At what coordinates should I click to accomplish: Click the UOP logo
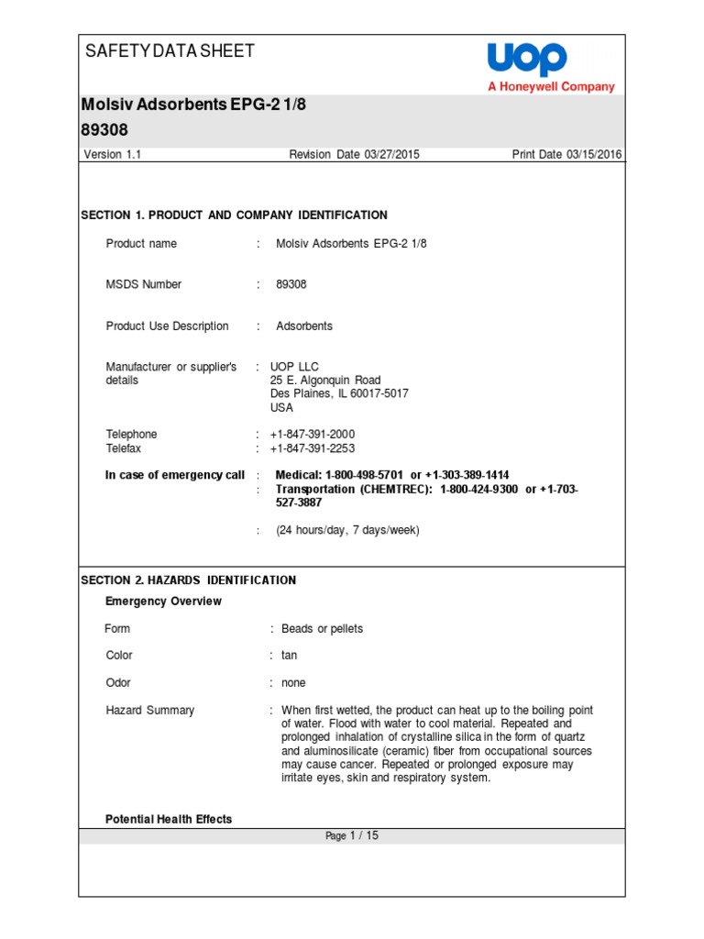[527, 60]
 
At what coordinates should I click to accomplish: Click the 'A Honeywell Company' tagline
[550, 87]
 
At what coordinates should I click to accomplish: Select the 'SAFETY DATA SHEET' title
[170, 51]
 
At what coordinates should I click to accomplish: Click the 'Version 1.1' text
[112, 155]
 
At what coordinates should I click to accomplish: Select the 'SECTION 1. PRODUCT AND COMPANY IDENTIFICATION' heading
[234, 215]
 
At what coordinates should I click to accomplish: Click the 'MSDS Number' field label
[144, 285]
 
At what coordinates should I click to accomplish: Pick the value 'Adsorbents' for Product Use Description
[304, 326]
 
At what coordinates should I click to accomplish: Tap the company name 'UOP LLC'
[294, 367]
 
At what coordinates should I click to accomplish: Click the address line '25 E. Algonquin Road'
[325, 381]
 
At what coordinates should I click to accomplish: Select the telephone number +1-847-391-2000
[313, 435]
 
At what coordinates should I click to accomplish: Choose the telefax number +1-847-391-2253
[313, 449]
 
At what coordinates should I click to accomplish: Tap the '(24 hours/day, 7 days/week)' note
[347, 531]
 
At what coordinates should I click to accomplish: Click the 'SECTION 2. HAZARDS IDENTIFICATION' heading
[189, 580]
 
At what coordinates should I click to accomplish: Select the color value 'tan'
[290, 656]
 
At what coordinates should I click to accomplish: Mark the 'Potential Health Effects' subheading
[169, 820]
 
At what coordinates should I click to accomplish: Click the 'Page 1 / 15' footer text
[352, 836]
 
